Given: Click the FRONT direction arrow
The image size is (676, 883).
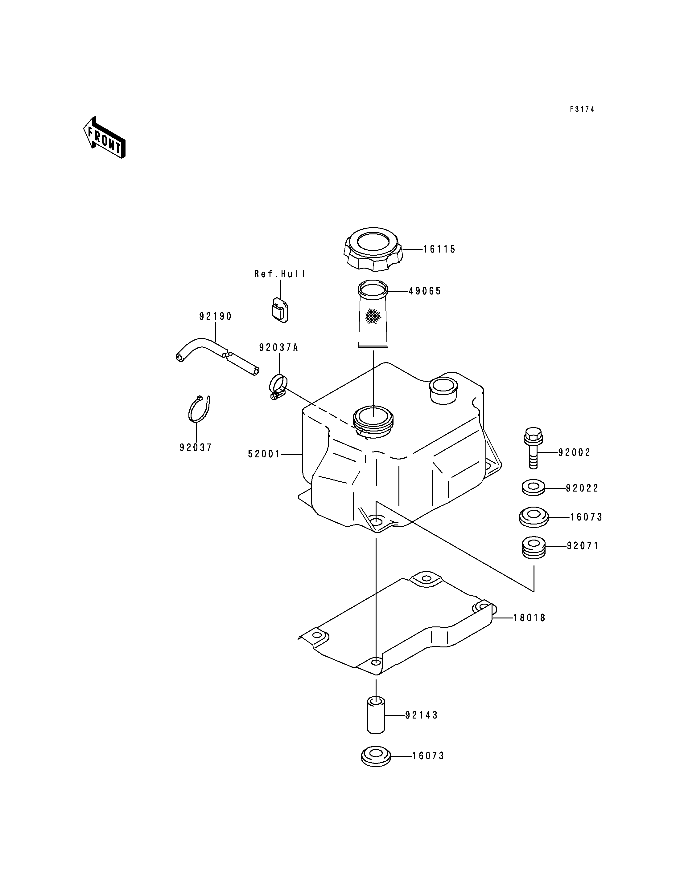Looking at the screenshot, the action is (x=104, y=137).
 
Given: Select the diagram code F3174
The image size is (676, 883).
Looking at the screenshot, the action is (x=582, y=109).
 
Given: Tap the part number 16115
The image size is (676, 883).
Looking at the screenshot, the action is (x=439, y=249).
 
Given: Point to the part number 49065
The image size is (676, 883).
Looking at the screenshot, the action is (x=425, y=291).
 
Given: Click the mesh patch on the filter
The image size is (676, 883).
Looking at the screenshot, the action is (x=373, y=316).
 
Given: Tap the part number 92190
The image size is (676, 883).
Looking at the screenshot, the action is (x=216, y=316).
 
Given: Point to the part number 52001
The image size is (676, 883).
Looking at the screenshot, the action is (x=264, y=454).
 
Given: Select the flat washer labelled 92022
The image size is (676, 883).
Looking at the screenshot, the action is (x=534, y=488).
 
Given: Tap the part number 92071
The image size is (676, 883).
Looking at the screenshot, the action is (x=583, y=546).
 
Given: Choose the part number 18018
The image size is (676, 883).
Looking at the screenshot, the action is (x=530, y=618).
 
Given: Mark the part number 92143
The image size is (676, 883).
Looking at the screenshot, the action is (x=421, y=715).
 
